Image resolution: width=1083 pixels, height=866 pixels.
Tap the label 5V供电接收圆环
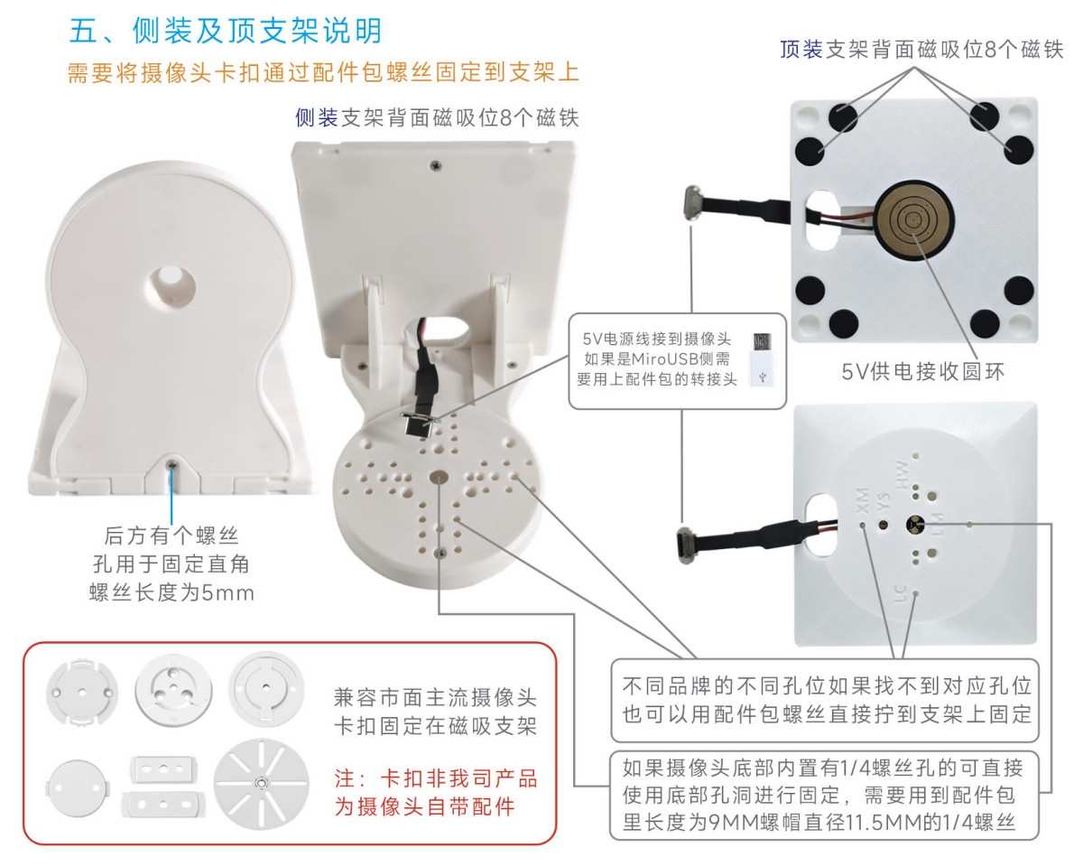[921, 371]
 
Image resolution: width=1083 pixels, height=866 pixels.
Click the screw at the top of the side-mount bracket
[436, 164]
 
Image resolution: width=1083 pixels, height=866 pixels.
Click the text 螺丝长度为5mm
[171, 593]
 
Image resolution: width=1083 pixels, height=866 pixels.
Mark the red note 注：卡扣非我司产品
[436, 778]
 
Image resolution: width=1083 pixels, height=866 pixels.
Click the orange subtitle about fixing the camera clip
[323, 72]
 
